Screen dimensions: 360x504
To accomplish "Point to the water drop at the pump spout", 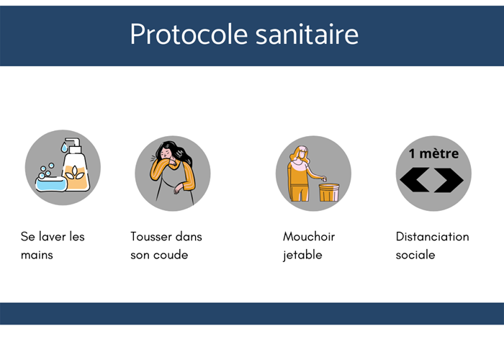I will coord(64,148).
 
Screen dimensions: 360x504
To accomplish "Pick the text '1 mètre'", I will coord(433,153).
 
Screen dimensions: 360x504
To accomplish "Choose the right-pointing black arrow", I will coord(450,180).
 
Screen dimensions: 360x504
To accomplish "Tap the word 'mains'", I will coord(37,255).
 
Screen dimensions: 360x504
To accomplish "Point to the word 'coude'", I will coord(171,255).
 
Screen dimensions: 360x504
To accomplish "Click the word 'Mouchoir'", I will coord(309,236).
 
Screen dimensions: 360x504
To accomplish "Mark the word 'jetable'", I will coord(302,255).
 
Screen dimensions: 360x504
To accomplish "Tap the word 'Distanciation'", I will coord(432,236).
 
